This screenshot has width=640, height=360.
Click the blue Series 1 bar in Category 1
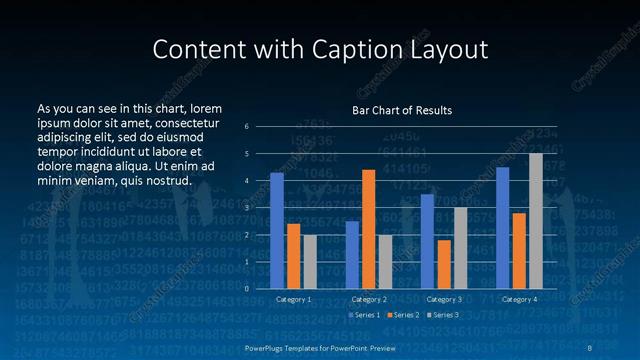(x=277, y=231)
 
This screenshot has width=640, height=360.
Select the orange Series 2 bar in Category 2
(x=368, y=229)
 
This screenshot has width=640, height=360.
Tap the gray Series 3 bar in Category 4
(x=536, y=221)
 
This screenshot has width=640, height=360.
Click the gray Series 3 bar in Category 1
(x=310, y=262)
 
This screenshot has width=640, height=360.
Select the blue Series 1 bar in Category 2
(x=352, y=255)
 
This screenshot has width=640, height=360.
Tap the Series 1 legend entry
(x=363, y=315)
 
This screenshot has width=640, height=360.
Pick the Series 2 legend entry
(x=403, y=315)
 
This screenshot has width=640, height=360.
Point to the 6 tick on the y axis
(x=246, y=127)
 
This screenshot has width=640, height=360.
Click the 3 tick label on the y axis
(x=246, y=208)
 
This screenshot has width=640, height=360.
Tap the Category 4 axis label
(x=519, y=299)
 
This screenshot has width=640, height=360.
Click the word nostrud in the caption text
(x=168, y=181)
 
